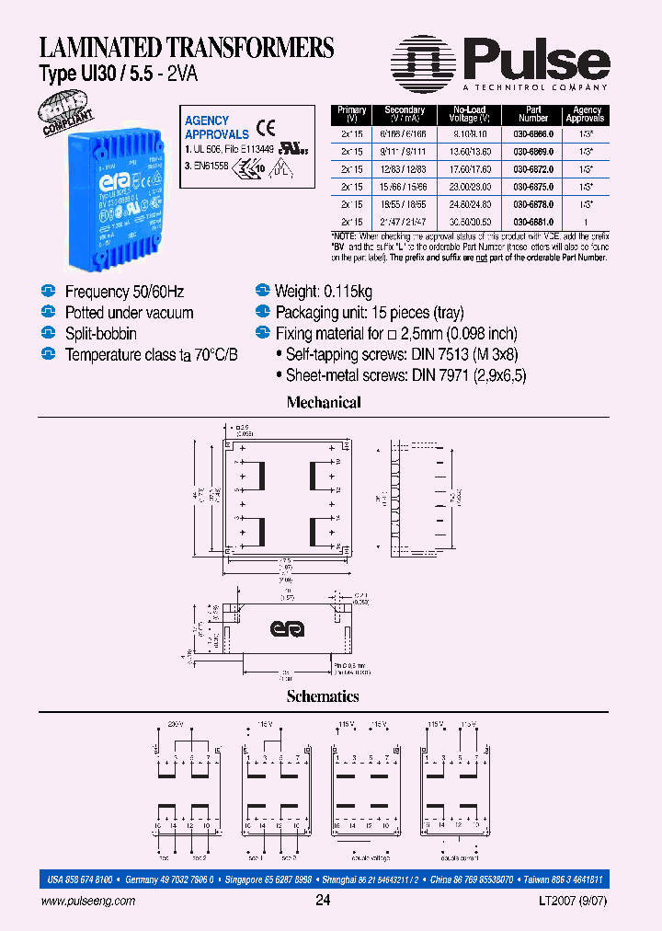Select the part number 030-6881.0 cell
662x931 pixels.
point(532,223)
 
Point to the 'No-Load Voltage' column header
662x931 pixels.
point(468,114)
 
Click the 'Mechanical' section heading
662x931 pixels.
point(323,402)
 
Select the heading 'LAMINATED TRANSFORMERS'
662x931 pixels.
point(186,48)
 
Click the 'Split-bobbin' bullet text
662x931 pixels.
point(100,333)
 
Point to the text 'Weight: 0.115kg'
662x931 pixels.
point(324,292)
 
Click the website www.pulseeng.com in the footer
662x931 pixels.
point(88,902)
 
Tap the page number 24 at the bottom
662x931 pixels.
point(323,902)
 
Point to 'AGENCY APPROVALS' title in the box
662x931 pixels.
point(217,127)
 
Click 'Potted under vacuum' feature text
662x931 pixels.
point(129,313)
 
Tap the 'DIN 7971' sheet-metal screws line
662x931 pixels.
point(405,375)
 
